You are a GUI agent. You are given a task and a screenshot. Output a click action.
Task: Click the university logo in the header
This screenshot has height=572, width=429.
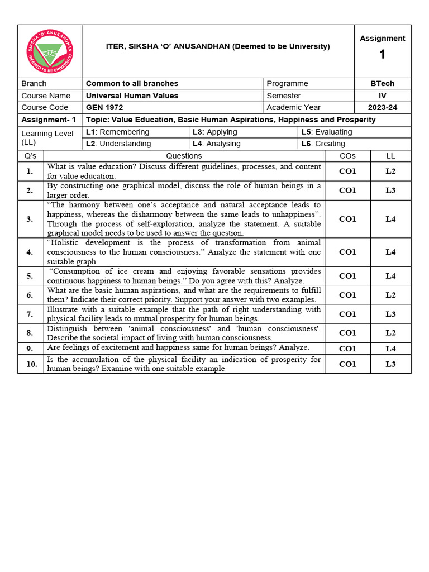coord(50,51)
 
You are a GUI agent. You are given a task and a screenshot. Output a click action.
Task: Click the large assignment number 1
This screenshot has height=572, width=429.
coord(382,55)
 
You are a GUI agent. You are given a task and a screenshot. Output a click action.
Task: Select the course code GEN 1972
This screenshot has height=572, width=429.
coord(104,107)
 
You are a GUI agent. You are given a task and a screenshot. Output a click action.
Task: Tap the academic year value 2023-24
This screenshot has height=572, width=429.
coord(383,107)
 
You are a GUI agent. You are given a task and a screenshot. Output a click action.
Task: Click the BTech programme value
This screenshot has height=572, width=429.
coord(383,83)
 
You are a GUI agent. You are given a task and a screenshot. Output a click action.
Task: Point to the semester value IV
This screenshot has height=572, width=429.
coord(383,96)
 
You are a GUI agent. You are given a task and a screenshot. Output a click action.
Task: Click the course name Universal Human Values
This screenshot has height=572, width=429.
coord(132,96)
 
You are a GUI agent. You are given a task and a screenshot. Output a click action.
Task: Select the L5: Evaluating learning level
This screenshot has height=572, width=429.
coord(327,132)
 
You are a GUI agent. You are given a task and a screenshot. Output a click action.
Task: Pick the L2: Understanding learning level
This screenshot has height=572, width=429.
coord(118,144)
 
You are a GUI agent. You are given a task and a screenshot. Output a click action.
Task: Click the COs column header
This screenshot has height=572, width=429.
coord(347,156)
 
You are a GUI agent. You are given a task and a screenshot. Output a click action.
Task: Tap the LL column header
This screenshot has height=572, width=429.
coord(390,156)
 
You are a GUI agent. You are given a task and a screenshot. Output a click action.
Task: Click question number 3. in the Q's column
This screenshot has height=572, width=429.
coord(30,219)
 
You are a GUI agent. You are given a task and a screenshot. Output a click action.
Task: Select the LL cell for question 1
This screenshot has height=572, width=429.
coord(390,171)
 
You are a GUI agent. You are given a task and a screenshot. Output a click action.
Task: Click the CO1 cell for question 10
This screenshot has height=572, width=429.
coord(347,364)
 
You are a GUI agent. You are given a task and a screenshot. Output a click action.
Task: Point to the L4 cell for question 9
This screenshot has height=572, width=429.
coord(390,349)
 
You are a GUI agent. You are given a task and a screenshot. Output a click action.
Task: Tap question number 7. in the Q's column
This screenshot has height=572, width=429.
coord(30,314)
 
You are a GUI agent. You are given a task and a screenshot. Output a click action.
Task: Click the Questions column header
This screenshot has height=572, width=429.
coord(184,156)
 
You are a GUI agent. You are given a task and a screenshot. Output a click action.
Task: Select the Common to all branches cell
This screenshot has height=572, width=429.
coord(132,83)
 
